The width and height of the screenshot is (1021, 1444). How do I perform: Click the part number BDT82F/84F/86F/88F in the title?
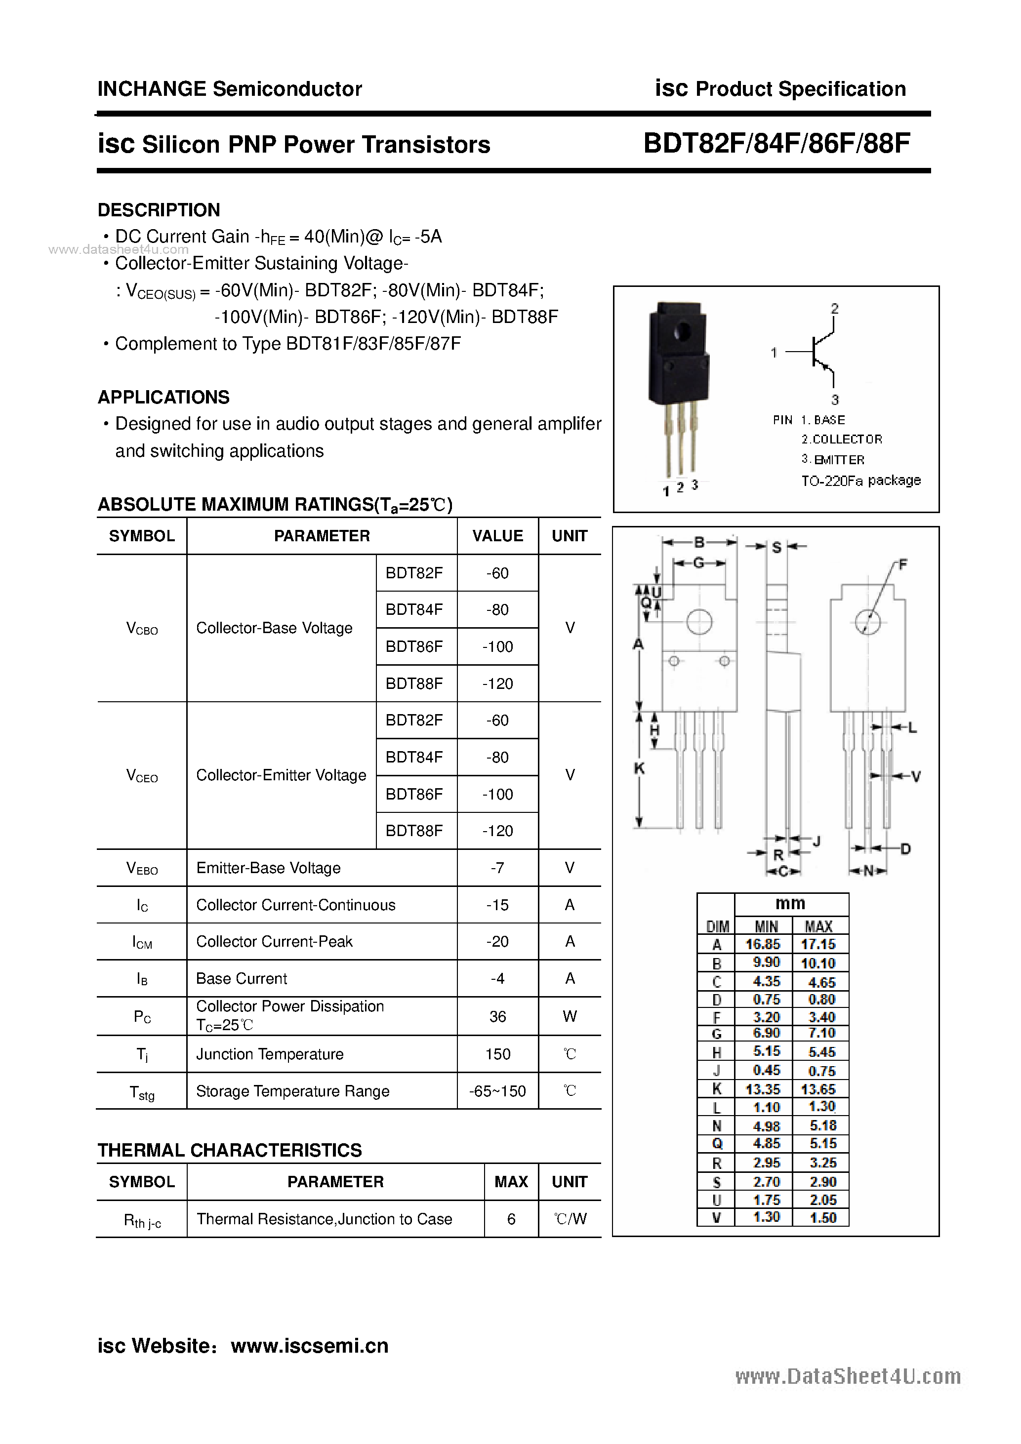[776, 144]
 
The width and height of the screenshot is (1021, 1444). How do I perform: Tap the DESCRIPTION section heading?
[159, 210]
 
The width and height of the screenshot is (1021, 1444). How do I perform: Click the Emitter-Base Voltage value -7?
[497, 868]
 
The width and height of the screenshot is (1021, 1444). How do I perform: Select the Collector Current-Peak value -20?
[497, 941]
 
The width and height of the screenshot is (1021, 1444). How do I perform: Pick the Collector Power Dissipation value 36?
[497, 1016]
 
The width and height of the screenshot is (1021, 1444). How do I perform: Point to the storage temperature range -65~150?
[497, 1091]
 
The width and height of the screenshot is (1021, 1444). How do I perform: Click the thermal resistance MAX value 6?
[511, 1219]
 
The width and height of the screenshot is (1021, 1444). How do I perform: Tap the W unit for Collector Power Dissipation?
[570, 1016]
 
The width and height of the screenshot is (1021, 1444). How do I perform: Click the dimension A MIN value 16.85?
[763, 944]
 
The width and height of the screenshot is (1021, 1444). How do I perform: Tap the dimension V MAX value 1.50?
[823, 1218]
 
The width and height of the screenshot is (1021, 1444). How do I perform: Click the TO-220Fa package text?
[860, 481]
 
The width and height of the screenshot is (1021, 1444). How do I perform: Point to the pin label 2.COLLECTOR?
[842, 439]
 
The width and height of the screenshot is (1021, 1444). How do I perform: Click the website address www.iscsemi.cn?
[310, 1345]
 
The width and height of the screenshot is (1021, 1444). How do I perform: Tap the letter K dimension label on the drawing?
[639, 768]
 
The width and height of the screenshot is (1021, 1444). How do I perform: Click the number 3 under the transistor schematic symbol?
[835, 400]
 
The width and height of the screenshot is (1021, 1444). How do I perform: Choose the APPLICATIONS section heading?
[163, 398]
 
